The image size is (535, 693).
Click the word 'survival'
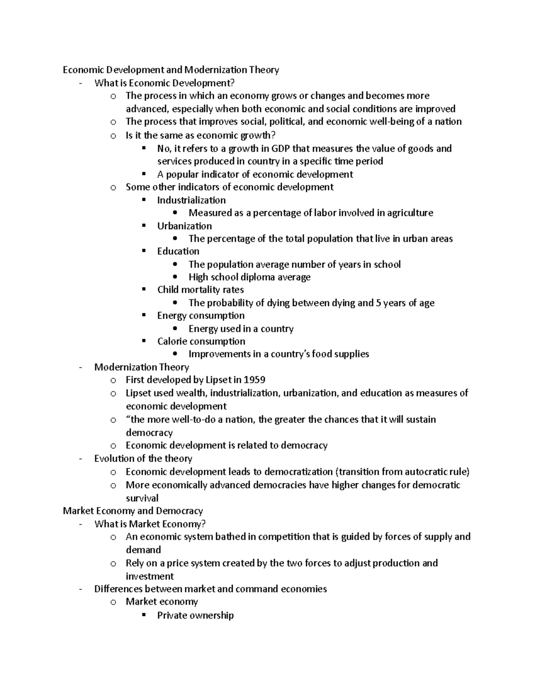[x=142, y=498]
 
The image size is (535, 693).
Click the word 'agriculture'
[x=411, y=213]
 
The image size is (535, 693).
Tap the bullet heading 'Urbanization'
[x=184, y=226]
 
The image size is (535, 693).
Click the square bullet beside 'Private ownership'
[x=144, y=615]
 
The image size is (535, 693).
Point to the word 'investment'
[x=149, y=576]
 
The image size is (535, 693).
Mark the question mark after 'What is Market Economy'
[x=203, y=524]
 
